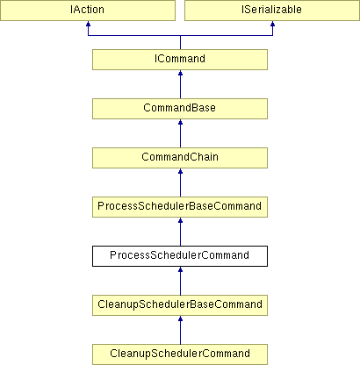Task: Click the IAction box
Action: (88, 11)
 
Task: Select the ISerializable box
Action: (272, 11)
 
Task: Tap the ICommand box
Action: (180, 60)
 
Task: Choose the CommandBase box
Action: (180, 109)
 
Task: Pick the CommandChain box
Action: (180, 158)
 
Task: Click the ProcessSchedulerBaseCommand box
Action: (180, 207)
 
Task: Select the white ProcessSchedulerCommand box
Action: (180, 256)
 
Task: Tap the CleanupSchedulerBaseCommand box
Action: (180, 305)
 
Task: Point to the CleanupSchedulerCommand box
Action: (180, 354)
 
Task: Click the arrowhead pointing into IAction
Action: (88, 24)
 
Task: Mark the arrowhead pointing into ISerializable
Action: (272, 24)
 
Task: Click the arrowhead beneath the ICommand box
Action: (180, 73)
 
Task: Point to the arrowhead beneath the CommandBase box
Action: (180, 122)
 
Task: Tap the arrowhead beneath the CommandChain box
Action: (180, 171)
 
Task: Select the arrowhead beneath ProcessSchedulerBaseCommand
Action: (180, 220)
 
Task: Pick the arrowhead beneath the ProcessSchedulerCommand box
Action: (180, 269)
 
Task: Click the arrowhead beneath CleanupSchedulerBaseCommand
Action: (180, 318)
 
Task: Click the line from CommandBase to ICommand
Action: (180, 84)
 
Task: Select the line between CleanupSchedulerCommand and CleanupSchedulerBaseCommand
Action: (180, 330)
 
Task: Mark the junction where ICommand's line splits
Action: (180, 36)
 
